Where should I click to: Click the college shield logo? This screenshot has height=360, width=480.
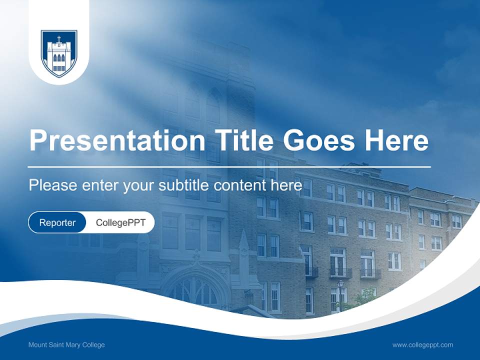point(59,53)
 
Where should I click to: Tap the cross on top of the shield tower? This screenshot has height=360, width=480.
point(59,38)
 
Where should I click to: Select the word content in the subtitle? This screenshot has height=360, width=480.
point(240,185)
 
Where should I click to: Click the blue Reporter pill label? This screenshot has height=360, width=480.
point(57,222)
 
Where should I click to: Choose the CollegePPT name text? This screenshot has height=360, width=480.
point(120,222)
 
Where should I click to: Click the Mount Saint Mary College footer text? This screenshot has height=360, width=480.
point(66,345)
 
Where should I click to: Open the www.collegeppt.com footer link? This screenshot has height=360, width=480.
point(422,345)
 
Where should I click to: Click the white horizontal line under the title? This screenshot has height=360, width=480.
point(229,166)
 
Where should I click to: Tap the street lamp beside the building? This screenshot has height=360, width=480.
point(340,290)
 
